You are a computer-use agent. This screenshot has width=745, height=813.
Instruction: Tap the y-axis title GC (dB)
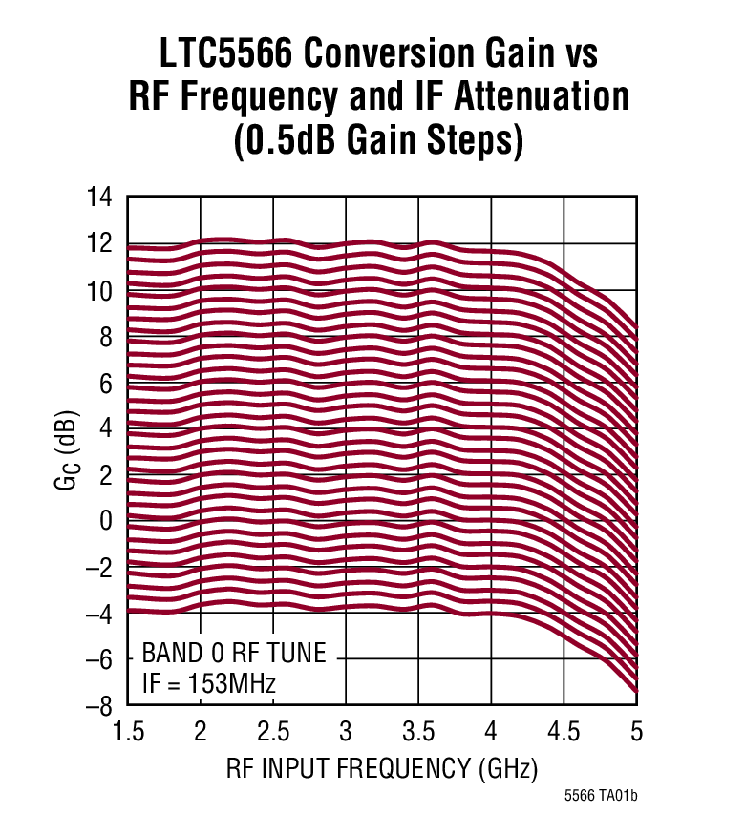click(x=66, y=451)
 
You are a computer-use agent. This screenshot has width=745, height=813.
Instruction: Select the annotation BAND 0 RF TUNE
click(x=234, y=654)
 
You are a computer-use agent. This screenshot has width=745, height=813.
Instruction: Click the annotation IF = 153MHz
click(x=209, y=683)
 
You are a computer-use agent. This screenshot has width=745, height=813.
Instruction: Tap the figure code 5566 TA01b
click(x=600, y=795)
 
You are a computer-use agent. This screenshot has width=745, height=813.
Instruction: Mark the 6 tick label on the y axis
click(x=107, y=383)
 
